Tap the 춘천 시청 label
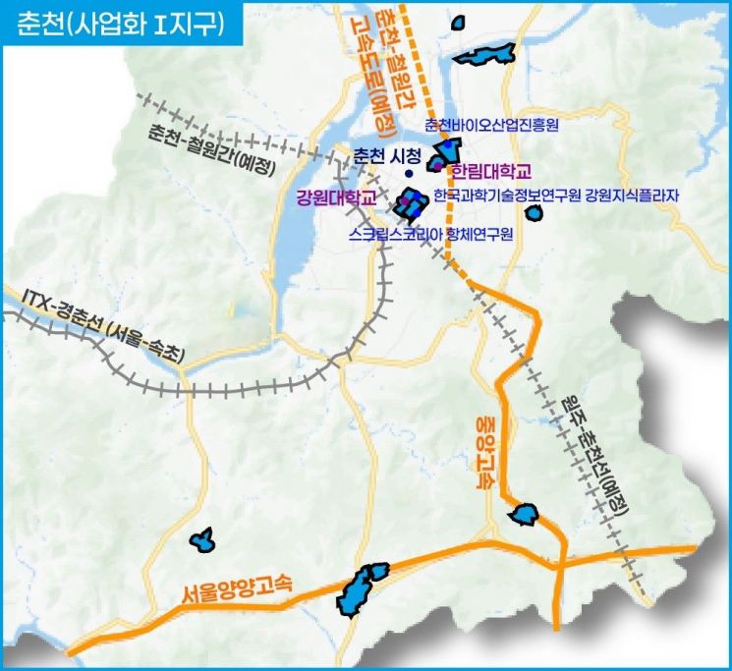click(386, 156)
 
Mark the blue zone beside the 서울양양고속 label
click(361, 588)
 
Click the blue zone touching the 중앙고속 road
click(525, 514)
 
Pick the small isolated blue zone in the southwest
click(202, 538)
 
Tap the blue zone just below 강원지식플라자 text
click(535, 211)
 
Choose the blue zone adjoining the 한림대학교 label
click(442, 156)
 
